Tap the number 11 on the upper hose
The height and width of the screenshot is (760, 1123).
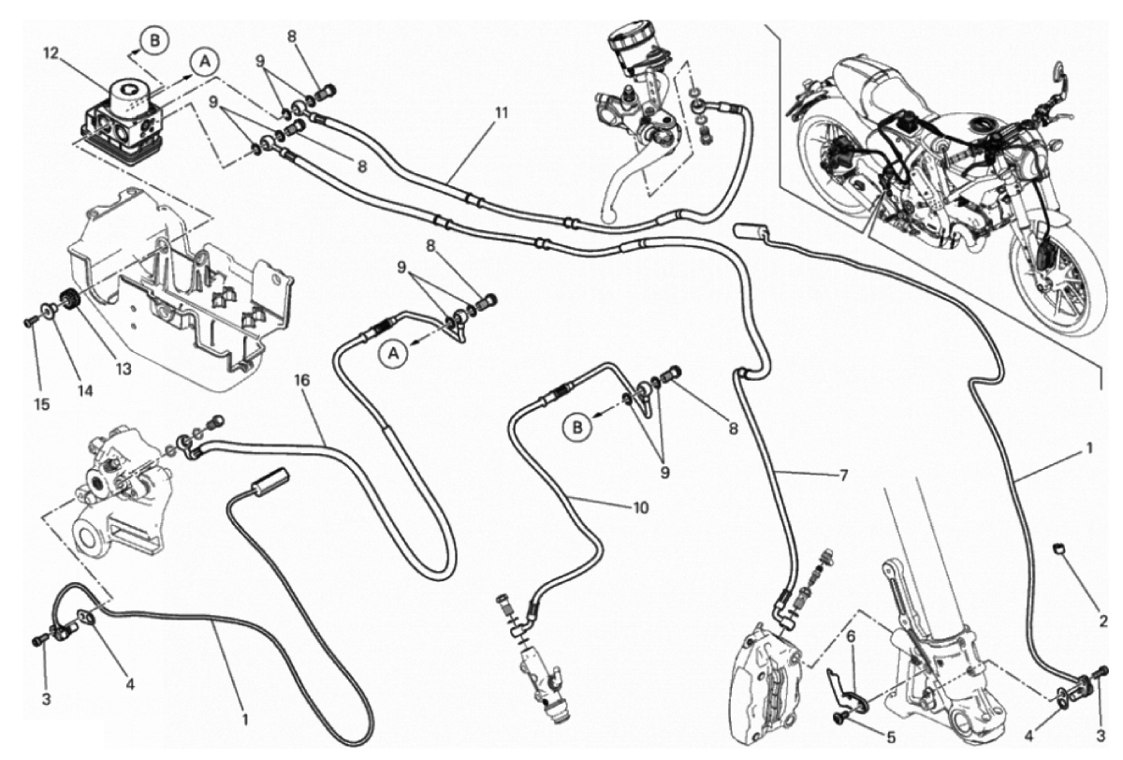502,113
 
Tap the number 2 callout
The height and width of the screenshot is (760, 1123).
1102,621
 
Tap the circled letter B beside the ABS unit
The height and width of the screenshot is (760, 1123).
153,39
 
